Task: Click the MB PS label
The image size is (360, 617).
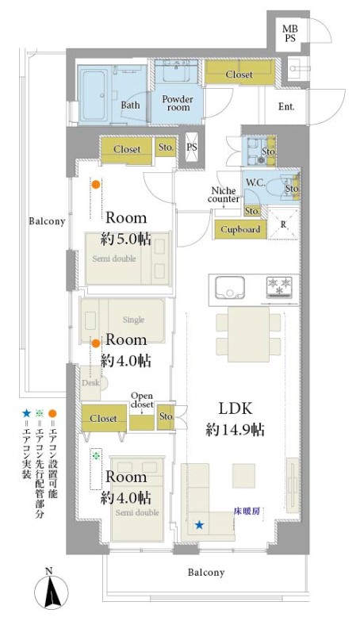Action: pos(290,34)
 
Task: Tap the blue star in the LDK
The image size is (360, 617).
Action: pos(200,525)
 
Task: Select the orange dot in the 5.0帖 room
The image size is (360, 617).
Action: pos(96,184)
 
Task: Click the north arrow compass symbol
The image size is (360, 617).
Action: pos(52,590)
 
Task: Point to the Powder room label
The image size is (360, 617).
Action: pos(178,103)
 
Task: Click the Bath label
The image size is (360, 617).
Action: pos(130,105)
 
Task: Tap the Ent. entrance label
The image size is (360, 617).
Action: pos(286,106)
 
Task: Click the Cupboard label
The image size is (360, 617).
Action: pos(240,229)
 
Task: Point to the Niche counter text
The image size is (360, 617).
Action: pos(224,195)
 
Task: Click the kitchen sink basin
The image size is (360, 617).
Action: pos(230,287)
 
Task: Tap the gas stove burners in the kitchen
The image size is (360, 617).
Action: pos(279,286)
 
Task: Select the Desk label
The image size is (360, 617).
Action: pos(90,382)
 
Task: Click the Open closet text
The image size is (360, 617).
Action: pos(142,400)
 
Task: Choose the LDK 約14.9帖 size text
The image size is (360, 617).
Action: pos(236,420)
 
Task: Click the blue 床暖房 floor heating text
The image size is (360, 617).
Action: pos(247,512)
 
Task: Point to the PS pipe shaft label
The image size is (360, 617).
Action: pos(192,148)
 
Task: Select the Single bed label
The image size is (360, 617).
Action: pos(133,320)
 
